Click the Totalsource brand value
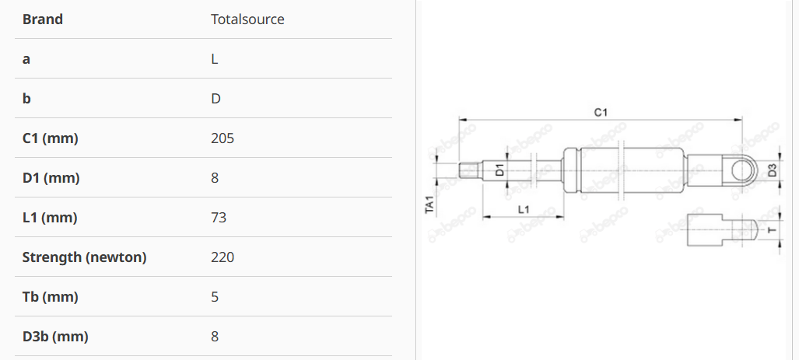tap(247, 19)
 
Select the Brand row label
tap(43, 19)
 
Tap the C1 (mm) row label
tap(51, 138)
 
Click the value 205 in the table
tap(223, 138)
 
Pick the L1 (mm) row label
tap(50, 218)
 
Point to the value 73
tap(219, 218)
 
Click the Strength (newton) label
tap(84, 257)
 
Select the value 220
tap(223, 257)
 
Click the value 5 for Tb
tap(215, 297)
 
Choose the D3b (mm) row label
tap(55, 337)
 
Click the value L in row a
tap(215, 59)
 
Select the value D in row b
tap(216, 99)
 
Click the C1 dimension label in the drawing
tap(601, 113)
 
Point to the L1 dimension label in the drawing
tap(524, 209)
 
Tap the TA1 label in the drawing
tap(429, 204)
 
